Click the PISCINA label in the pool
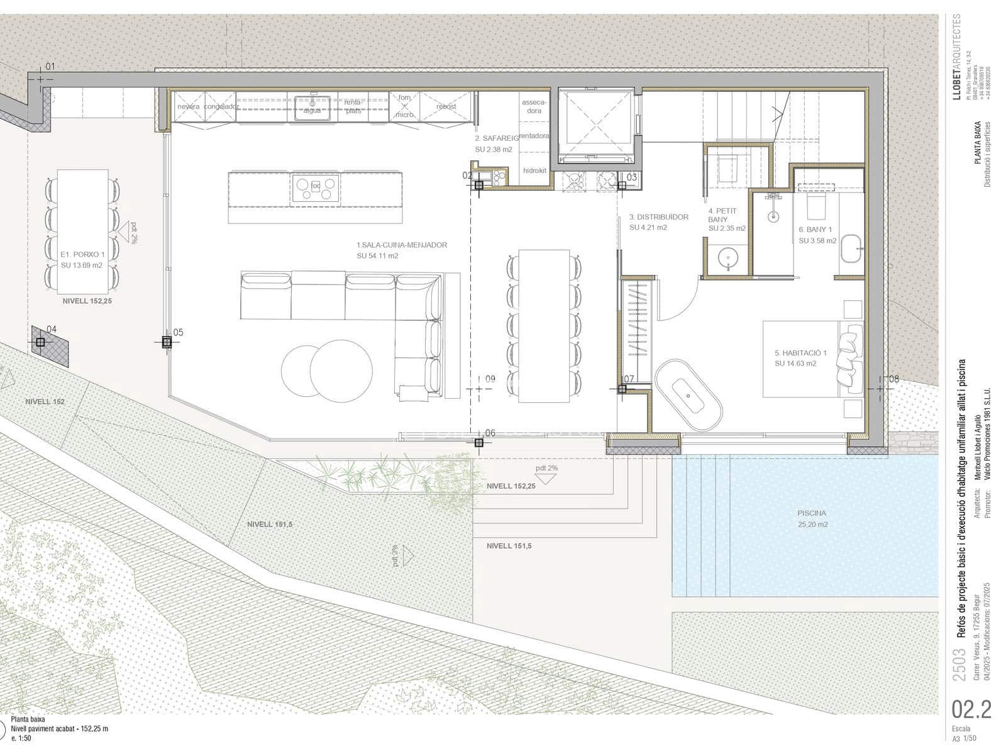(x=812, y=513)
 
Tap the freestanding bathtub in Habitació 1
(x=688, y=395)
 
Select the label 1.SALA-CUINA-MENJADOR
(x=402, y=245)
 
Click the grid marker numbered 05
(x=167, y=342)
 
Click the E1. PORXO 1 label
(x=82, y=255)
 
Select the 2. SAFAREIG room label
(x=497, y=138)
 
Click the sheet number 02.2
(x=971, y=709)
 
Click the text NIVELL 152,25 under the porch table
(x=87, y=301)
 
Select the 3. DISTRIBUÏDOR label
(x=658, y=217)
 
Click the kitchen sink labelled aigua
(x=312, y=107)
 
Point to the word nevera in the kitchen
(x=188, y=107)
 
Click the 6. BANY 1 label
(x=815, y=230)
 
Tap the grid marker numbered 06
(x=479, y=443)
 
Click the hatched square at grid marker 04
(x=50, y=345)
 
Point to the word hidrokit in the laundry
(x=535, y=171)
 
